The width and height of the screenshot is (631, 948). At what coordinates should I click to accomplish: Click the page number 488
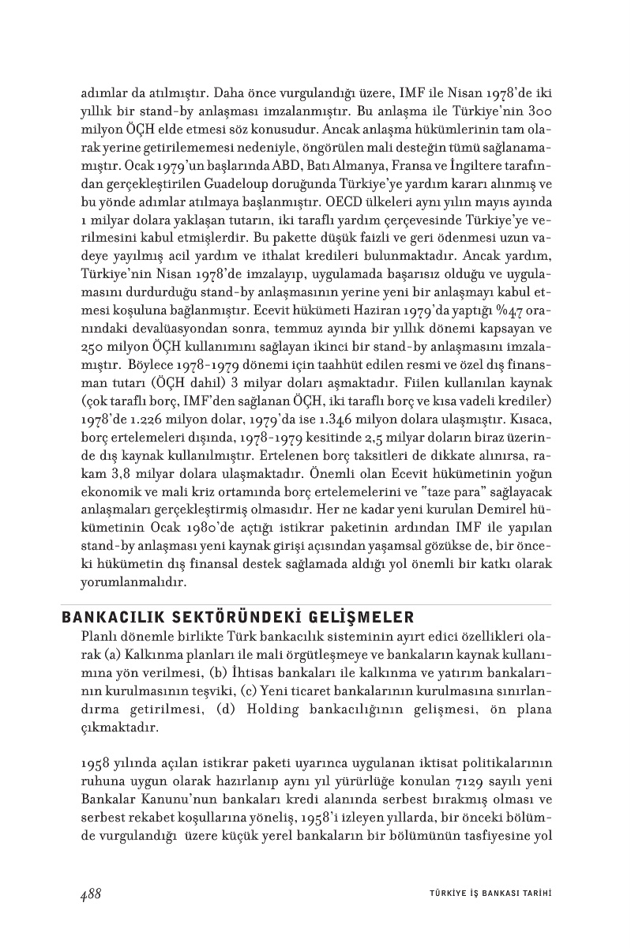pyautogui.click(x=91, y=893)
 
